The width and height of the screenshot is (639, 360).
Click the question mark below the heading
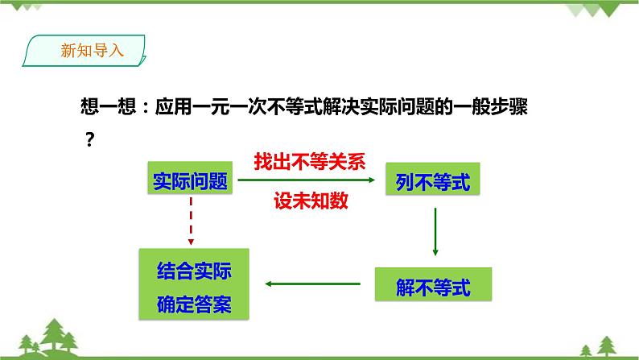[x=90, y=139]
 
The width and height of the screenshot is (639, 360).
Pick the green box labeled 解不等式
[x=433, y=284]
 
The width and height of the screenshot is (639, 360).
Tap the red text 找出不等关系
[x=309, y=161]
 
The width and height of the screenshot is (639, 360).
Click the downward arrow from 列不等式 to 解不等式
[x=435, y=231]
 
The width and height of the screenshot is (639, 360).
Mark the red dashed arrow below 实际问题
[x=191, y=221]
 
